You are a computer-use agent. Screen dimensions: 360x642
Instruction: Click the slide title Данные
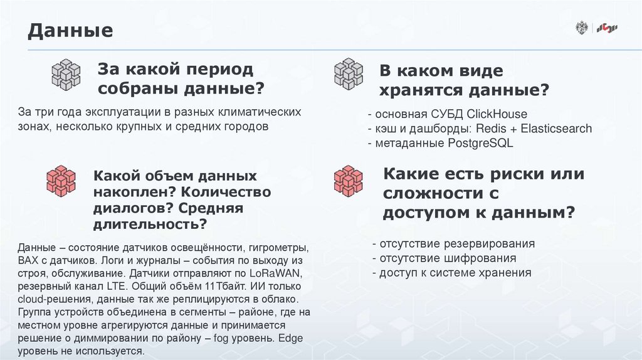click(x=70, y=30)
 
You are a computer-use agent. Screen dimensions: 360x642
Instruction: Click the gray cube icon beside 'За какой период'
click(x=66, y=74)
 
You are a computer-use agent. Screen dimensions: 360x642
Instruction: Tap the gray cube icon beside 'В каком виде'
click(x=349, y=74)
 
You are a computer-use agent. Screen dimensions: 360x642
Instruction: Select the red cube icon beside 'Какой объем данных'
click(x=61, y=181)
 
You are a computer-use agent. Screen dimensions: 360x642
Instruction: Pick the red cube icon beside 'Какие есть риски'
click(x=348, y=181)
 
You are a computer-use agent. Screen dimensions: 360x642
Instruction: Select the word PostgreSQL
click(x=480, y=143)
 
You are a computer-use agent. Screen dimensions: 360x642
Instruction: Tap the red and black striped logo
click(x=608, y=28)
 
